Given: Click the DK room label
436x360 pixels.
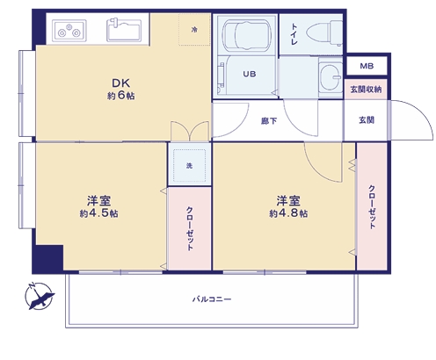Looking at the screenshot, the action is pyautogui.click(x=120, y=83).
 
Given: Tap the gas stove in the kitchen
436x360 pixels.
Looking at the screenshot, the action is pyautogui.click(x=69, y=31).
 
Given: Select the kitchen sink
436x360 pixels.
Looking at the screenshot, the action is pyautogui.click(x=124, y=30).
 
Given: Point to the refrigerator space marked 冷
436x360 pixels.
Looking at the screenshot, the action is pyautogui.click(x=194, y=29).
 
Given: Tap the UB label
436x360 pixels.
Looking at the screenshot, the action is pyautogui.click(x=250, y=74).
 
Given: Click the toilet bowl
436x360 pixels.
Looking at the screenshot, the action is pyautogui.click(x=324, y=32).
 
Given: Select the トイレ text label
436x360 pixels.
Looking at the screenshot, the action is pyautogui.click(x=294, y=34).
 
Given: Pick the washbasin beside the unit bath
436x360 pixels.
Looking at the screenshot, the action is pyautogui.click(x=331, y=77).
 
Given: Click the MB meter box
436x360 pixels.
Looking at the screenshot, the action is pyautogui.click(x=367, y=66).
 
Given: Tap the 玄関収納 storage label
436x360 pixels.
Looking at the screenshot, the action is pyautogui.click(x=366, y=90).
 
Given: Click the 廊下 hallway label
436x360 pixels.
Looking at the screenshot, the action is pyautogui.click(x=269, y=120).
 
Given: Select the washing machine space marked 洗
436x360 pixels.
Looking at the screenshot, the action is pyautogui.click(x=190, y=165).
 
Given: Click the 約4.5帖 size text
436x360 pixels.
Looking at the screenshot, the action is pyautogui.click(x=98, y=213).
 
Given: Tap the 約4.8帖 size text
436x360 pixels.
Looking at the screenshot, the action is pyautogui.click(x=288, y=213).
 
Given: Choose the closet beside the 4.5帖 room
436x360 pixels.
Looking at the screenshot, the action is pyautogui.click(x=190, y=228).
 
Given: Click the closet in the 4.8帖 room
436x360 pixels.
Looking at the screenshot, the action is pyautogui.click(x=372, y=206).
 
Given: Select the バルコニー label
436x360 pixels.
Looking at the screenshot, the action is pyautogui.click(x=212, y=299).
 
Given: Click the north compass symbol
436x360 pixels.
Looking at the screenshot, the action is pyautogui.click(x=39, y=296).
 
